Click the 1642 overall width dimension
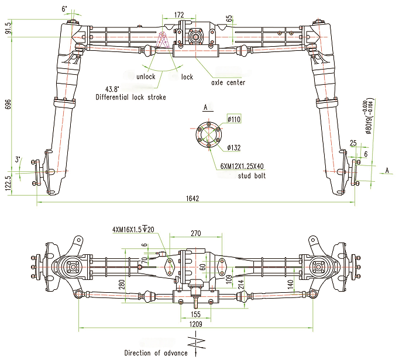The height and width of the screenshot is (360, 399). (x=194, y=199)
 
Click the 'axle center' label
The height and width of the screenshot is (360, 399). (x=228, y=82)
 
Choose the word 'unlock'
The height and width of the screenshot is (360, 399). (x=146, y=77)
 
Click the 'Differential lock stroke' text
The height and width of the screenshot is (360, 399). (x=131, y=97)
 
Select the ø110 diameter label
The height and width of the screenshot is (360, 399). (x=234, y=119)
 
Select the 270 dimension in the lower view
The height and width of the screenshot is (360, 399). (x=196, y=233)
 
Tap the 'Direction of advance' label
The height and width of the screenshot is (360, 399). (x=156, y=352)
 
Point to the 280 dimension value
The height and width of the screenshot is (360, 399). (x=122, y=285)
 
